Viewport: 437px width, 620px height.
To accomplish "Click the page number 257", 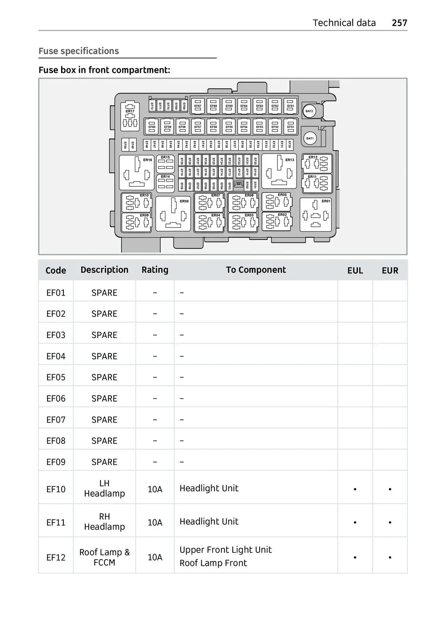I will [399, 23].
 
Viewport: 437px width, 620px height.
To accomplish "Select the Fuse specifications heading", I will [79, 51].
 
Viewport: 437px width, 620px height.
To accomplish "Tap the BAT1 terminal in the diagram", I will [310, 138].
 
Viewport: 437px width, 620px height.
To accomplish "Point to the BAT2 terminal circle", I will [309, 111].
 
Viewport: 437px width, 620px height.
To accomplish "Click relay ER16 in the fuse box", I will [137, 172].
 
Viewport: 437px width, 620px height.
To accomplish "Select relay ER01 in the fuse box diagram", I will [315, 215].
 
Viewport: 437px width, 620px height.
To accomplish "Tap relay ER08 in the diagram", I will [173, 214].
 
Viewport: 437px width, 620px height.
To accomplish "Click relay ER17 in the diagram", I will [130, 116].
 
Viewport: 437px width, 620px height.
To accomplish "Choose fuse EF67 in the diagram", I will [198, 106].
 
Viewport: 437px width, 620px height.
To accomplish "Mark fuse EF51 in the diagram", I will [290, 127].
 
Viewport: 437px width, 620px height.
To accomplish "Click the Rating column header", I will [155, 270].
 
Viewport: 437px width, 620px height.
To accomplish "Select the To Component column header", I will [256, 270].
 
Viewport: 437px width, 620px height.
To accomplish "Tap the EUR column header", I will [390, 270].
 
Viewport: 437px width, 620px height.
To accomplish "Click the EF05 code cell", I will [56, 377].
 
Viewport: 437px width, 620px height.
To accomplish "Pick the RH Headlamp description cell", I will [105, 522].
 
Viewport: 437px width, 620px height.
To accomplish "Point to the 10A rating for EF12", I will [155, 557].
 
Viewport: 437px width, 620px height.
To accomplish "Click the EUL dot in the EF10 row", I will [355, 489].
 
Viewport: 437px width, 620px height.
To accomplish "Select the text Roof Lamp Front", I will [213, 563].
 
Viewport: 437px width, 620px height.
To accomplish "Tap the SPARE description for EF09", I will [105, 462].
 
